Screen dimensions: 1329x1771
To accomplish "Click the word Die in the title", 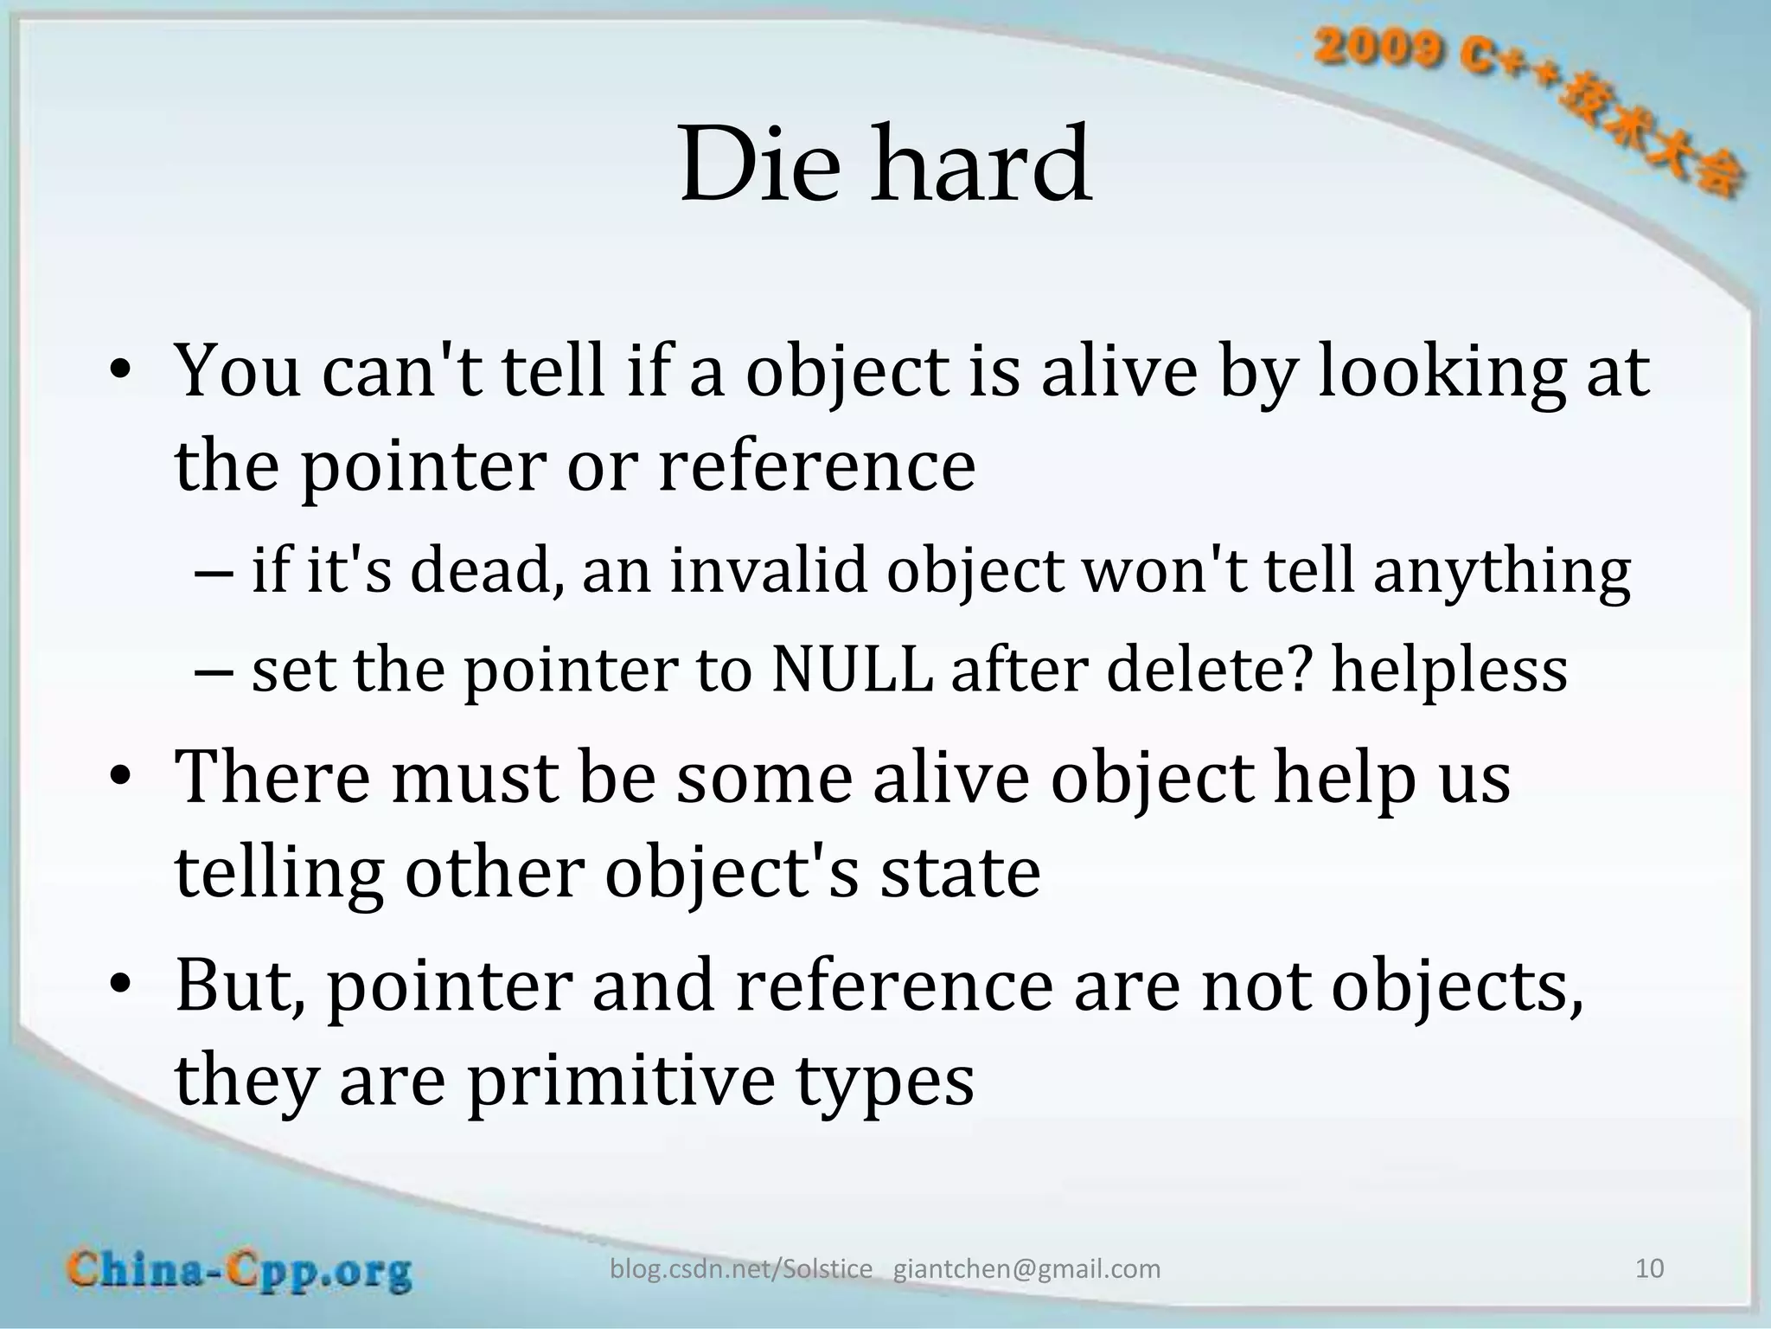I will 759,164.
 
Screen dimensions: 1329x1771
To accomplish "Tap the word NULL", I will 852,670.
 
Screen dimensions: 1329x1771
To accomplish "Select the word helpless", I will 1448,670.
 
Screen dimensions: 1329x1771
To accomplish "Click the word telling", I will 278,873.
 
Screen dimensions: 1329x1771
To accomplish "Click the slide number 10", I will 1649,1268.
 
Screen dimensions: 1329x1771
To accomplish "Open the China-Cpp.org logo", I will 240,1270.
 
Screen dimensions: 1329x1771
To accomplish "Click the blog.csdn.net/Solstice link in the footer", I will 741,1269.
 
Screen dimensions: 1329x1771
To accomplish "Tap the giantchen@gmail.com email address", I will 1026,1269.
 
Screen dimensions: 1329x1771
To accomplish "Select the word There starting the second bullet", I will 273,777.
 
